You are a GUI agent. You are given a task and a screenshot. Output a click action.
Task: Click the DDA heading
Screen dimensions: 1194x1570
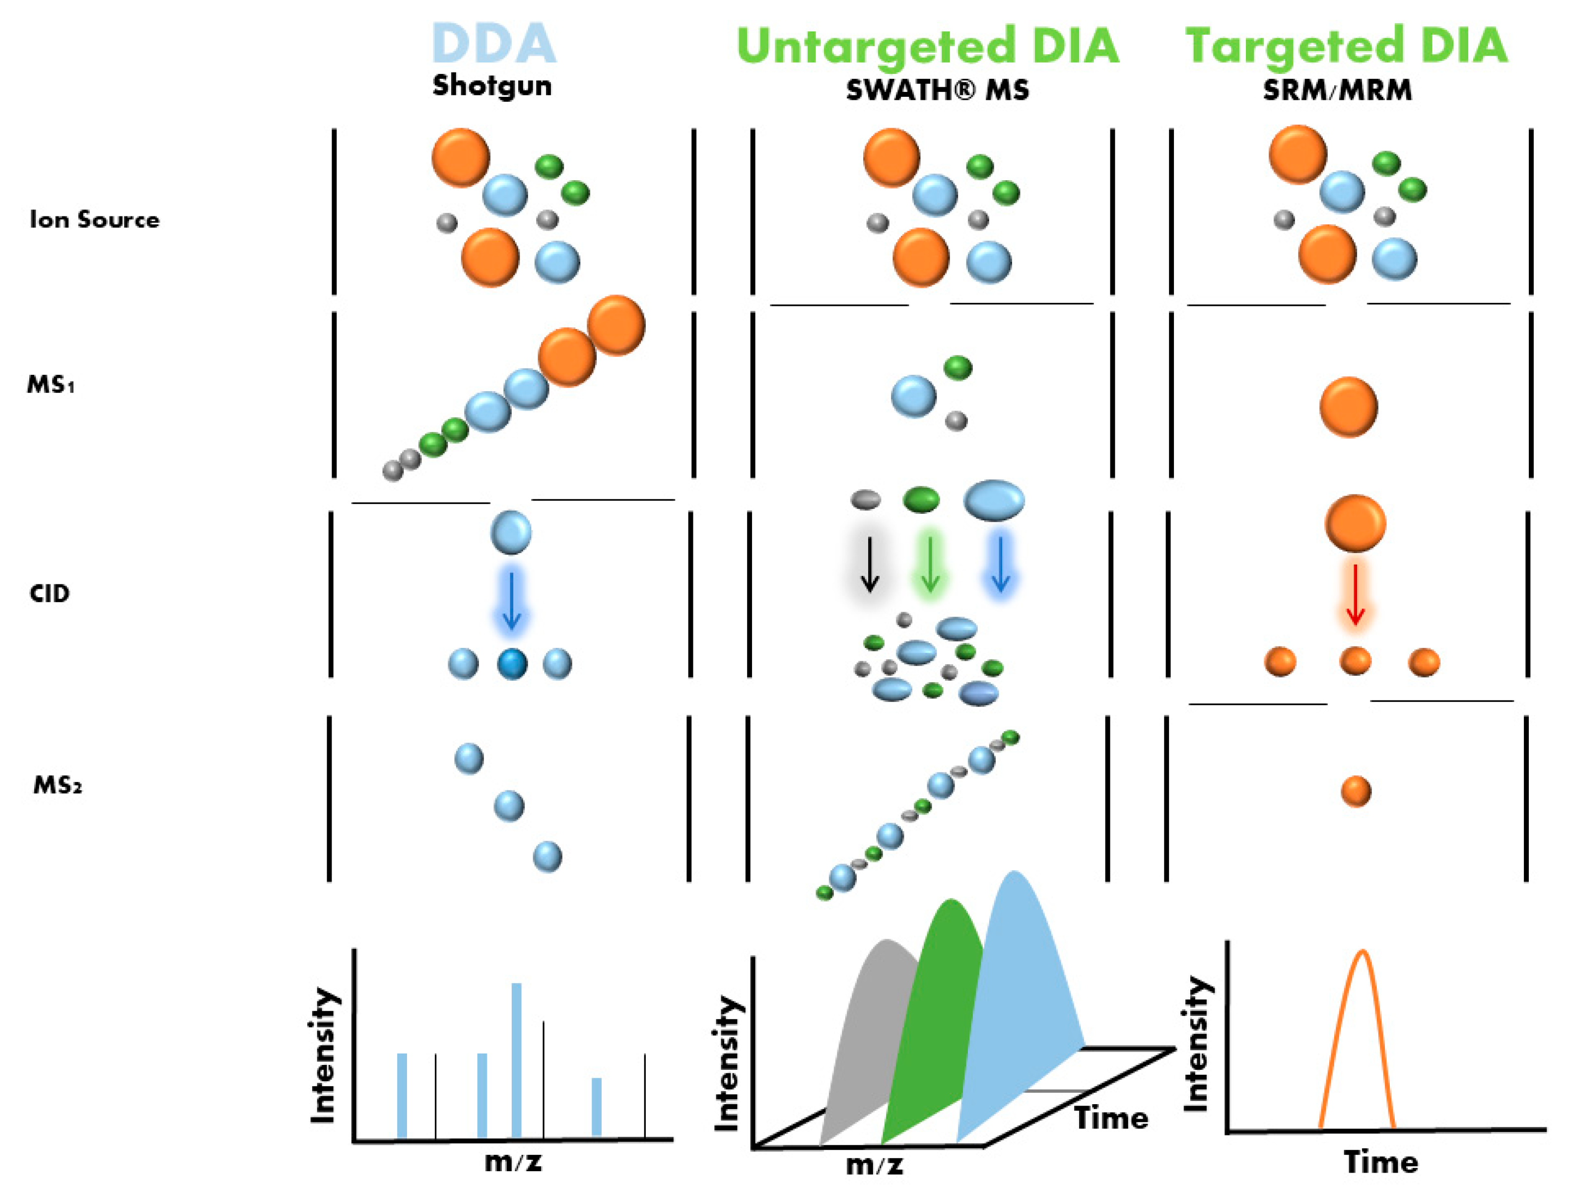(x=494, y=44)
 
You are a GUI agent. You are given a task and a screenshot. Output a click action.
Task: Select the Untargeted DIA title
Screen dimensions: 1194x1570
(x=928, y=47)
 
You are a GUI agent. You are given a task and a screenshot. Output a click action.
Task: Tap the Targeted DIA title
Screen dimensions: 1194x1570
(x=1346, y=47)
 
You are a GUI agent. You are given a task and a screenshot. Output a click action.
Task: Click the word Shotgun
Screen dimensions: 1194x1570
(x=491, y=86)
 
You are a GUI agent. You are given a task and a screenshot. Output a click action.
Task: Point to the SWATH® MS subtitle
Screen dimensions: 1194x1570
(x=937, y=90)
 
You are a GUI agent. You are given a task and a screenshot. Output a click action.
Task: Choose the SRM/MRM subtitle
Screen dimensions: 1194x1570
(x=1337, y=90)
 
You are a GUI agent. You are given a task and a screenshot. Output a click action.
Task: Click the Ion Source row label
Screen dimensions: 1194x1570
(x=94, y=219)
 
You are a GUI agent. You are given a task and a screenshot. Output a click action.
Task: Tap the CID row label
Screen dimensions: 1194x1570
(x=50, y=593)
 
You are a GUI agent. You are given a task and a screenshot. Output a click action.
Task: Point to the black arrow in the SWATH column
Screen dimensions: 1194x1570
(x=870, y=565)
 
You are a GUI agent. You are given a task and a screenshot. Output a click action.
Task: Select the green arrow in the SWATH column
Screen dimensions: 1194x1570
(x=930, y=565)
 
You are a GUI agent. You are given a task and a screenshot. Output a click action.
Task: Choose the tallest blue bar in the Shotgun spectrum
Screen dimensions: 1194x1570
(x=516, y=1059)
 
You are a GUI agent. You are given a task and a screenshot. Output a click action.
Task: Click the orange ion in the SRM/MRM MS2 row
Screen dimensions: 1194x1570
(x=1356, y=791)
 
